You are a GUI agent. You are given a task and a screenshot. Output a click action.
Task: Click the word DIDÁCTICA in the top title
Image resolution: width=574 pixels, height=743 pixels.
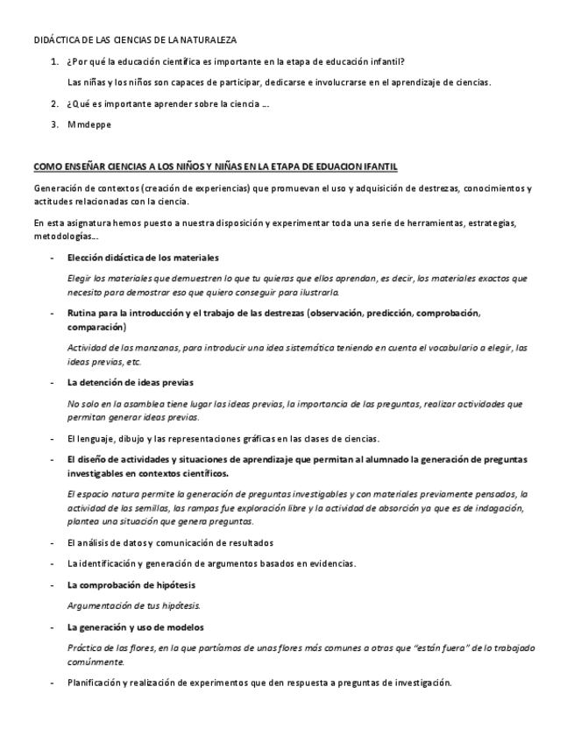[54, 40]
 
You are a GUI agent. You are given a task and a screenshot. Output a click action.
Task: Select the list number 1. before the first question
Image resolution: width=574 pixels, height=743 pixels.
[55, 63]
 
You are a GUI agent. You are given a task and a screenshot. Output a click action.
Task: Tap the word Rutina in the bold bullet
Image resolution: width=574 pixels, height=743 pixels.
[82, 313]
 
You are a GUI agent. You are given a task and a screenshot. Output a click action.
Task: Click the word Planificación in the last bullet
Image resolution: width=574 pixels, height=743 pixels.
[98, 683]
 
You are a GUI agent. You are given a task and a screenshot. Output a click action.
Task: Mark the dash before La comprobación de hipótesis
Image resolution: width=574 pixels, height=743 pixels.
[53, 584]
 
